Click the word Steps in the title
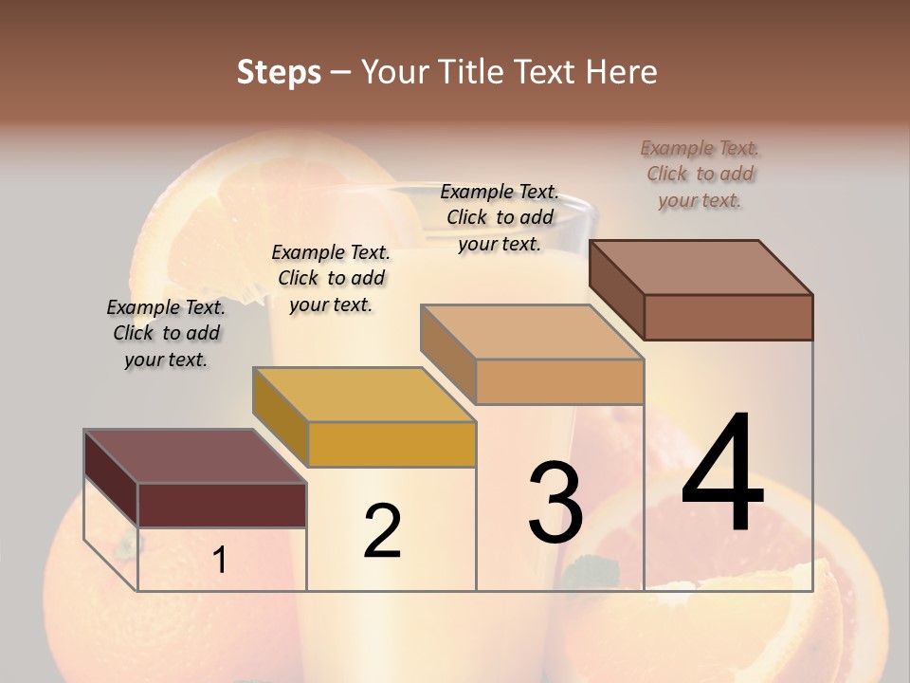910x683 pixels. pos(279,72)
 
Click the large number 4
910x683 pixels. pos(722,474)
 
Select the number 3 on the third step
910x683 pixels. pos(555,504)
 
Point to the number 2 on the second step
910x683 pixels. pos(382,531)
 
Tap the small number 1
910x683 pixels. pos(220,561)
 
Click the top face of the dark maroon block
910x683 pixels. pos(194,456)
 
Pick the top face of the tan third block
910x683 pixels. pos(532,332)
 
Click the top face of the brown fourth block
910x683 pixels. pos(701,267)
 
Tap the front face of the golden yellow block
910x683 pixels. pos(391,444)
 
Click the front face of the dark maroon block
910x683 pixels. pos(222,505)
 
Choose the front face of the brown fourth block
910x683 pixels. pos(728,317)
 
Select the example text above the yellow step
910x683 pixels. pos(331,278)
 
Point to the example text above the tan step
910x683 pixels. pos(500,217)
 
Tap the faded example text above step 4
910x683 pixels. pos(701,174)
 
